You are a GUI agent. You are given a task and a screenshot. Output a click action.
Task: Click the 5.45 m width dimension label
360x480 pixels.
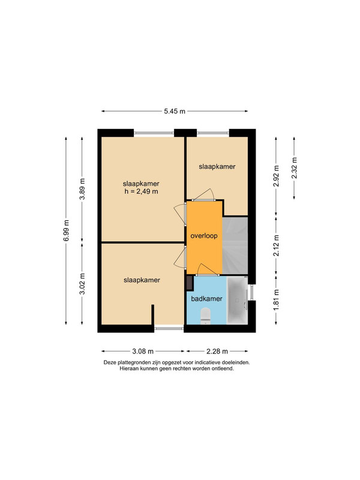click(175, 111)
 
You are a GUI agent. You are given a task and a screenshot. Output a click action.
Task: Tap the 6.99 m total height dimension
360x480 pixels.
click(67, 230)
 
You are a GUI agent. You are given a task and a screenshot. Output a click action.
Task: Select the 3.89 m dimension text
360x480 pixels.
click(82, 189)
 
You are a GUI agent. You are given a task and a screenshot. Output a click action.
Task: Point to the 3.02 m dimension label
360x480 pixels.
click(82, 284)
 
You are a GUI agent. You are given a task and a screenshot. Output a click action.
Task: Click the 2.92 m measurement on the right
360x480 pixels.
click(277, 176)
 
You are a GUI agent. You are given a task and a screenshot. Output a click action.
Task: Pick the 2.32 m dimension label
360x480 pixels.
click(294, 168)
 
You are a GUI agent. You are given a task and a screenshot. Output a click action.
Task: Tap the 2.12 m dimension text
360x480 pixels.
click(277, 245)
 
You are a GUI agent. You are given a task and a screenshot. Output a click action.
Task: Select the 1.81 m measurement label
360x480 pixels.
click(277, 299)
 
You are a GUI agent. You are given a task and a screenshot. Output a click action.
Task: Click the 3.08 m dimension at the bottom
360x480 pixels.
click(143, 351)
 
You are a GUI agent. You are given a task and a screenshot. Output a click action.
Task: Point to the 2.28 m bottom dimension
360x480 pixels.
click(217, 351)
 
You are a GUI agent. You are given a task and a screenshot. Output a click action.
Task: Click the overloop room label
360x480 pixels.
click(204, 236)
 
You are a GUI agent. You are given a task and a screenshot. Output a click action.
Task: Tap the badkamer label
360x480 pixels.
click(206, 299)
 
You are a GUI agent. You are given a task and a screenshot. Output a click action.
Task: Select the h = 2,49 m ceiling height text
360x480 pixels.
click(141, 192)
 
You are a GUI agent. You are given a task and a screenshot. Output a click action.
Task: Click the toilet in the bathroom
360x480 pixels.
click(205, 316)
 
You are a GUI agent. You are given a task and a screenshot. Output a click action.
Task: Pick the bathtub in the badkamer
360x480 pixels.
click(237, 301)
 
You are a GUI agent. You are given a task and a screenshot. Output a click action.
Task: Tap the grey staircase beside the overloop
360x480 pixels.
click(235, 245)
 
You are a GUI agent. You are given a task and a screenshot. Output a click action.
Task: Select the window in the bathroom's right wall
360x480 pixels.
click(251, 292)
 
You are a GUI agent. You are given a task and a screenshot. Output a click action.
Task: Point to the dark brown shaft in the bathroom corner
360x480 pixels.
click(190, 283)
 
